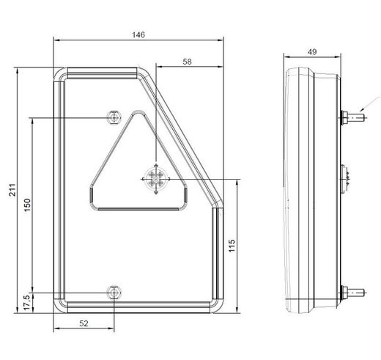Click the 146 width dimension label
(138, 35)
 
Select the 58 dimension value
(187, 62)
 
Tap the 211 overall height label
(12, 190)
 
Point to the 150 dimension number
(27, 205)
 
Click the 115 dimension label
(232, 246)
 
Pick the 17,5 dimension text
(27, 303)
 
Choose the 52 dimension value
(84, 323)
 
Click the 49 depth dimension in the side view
(312, 52)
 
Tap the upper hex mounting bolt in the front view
(114, 117)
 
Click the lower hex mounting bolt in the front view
(114, 293)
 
